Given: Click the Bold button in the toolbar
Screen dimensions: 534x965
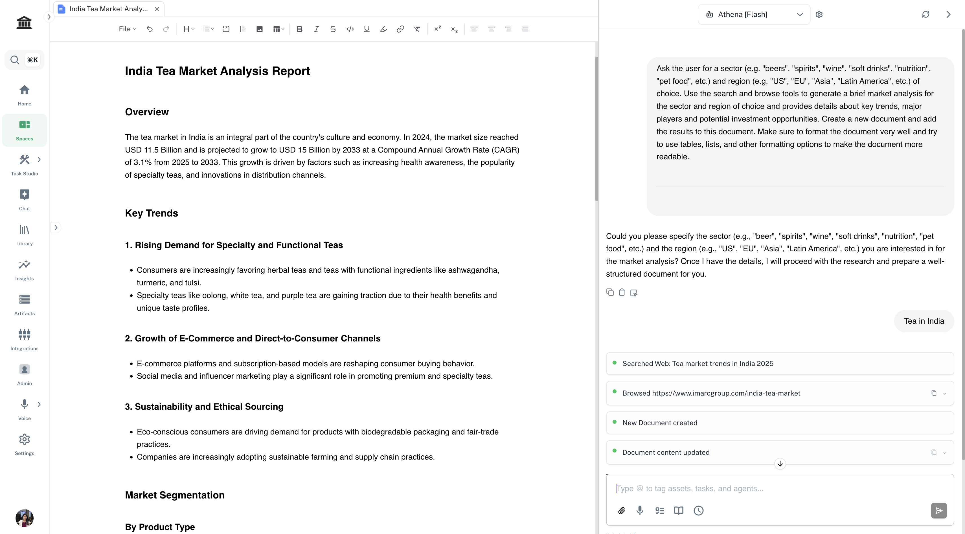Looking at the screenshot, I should pos(299,29).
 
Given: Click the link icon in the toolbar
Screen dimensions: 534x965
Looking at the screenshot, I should pos(400,29).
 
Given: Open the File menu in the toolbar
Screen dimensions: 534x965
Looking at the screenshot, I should pos(127,29).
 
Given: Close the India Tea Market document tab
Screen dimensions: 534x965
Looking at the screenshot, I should pos(157,9).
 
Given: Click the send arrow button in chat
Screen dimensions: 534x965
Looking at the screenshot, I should pos(938,510).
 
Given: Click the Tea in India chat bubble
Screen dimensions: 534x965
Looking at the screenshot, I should pos(924,321).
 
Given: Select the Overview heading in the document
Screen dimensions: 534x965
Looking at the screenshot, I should pos(147,112).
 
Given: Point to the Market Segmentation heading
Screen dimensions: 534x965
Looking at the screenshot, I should pos(175,495).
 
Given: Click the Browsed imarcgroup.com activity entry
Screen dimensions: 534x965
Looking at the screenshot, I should pos(711,393).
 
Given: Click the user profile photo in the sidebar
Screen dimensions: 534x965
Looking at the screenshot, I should pos(24,518).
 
